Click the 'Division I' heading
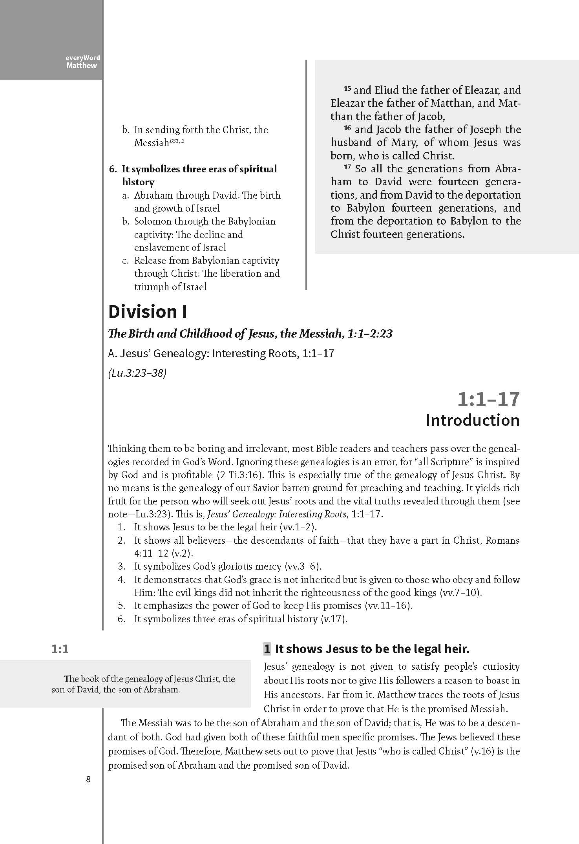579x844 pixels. coord(148,312)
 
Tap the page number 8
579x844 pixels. coord(88,780)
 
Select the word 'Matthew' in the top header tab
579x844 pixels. coord(82,66)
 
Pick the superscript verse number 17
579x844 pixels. coord(347,167)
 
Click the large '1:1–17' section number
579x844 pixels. coord(488,399)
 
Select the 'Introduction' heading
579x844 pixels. coord(473,420)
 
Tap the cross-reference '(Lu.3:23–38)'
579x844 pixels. coord(137,373)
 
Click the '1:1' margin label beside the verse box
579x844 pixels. coord(60,649)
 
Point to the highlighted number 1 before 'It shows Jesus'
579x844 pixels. coord(267,649)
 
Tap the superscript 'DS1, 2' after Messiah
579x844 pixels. coord(177,141)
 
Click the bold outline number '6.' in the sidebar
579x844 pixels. coord(113,169)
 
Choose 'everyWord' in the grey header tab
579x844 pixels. coord(83,58)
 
